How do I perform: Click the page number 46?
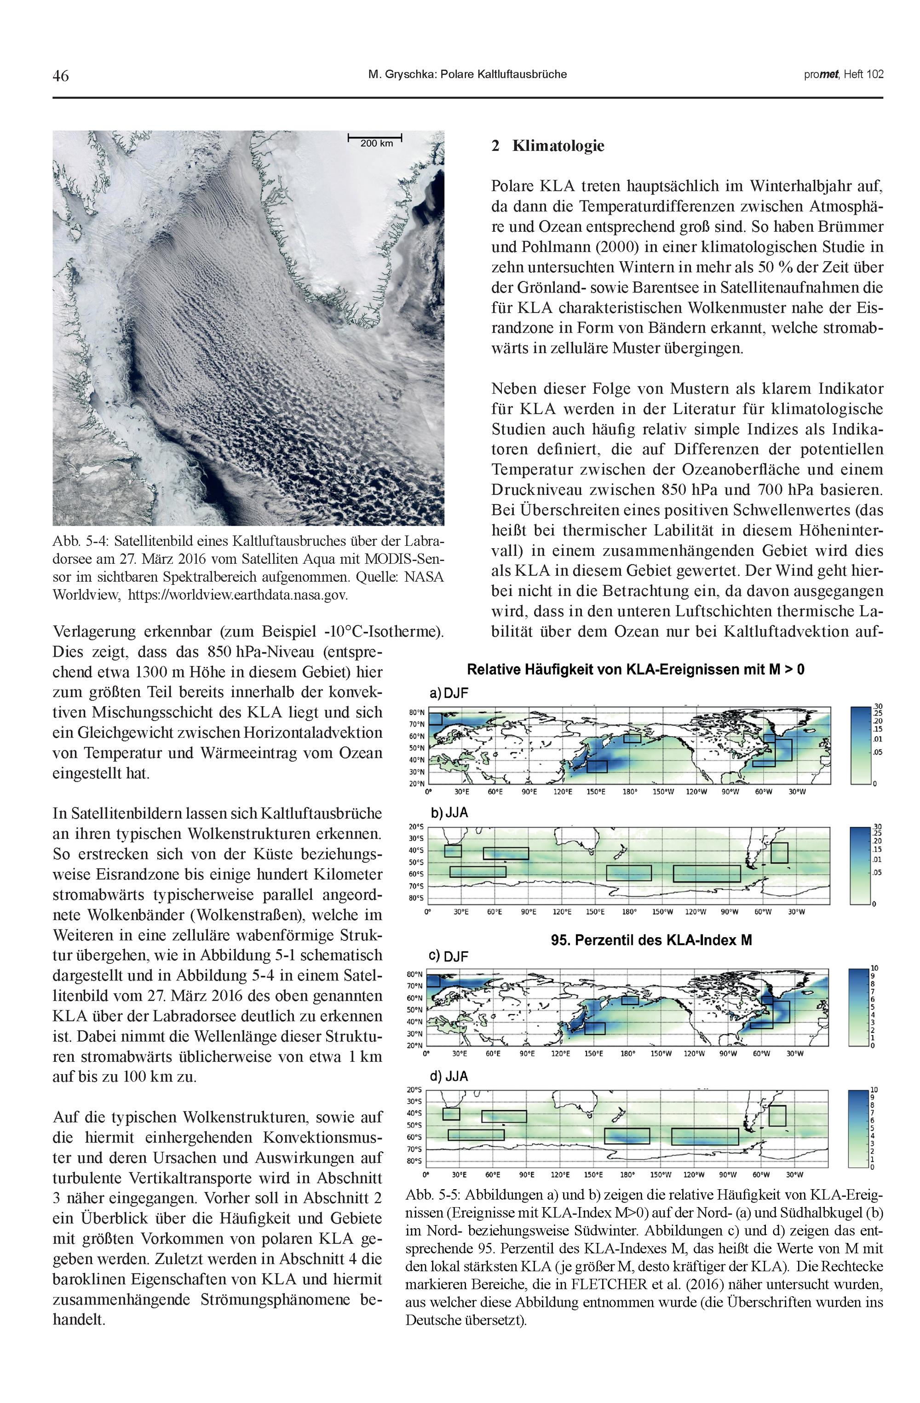point(61,75)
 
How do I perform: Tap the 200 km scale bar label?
point(376,143)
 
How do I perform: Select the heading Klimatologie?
point(558,146)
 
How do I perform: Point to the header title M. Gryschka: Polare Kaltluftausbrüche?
point(467,74)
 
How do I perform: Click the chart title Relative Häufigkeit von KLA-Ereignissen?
point(635,670)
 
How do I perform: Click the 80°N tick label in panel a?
point(416,713)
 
